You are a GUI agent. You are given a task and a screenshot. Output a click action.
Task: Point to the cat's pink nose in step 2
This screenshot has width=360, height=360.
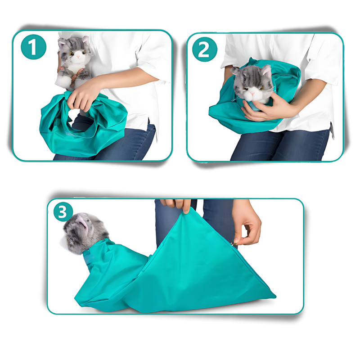tap(254, 90)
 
